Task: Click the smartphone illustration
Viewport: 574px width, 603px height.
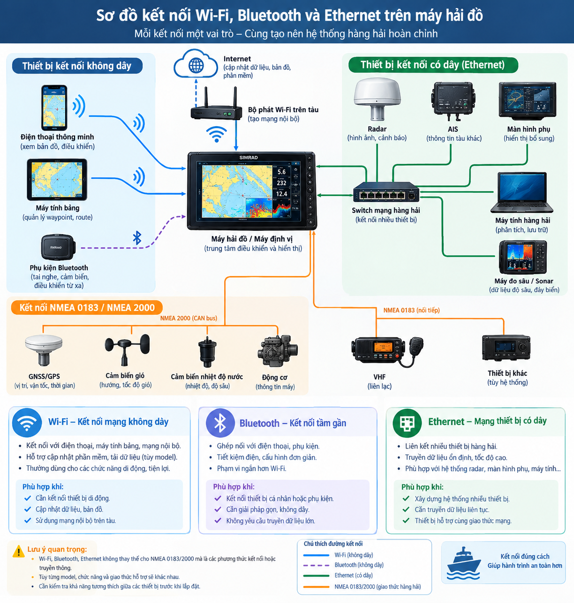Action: (x=54, y=108)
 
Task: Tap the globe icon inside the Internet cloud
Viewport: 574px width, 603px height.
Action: (x=196, y=65)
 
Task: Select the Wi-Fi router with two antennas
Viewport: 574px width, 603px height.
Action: (x=216, y=104)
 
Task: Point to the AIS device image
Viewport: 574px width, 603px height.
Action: (x=453, y=100)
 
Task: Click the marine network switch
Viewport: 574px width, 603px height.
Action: (x=386, y=192)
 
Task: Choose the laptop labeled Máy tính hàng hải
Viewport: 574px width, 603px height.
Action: (x=522, y=192)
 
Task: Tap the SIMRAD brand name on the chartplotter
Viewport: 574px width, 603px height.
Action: (x=249, y=158)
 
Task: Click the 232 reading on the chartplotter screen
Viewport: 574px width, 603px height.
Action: (x=281, y=183)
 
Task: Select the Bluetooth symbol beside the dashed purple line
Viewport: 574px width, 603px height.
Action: (x=137, y=238)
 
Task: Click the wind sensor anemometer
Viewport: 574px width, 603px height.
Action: (x=127, y=350)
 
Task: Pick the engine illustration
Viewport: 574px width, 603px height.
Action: (x=278, y=351)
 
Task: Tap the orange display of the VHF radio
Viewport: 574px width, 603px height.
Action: (x=383, y=347)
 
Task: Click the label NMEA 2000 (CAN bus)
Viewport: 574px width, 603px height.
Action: (x=189, y=318)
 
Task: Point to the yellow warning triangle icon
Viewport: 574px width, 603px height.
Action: (x=19, y=551)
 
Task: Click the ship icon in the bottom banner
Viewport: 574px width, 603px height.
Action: (x=463, y=564)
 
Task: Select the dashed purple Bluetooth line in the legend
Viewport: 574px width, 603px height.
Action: (x=316, y=565)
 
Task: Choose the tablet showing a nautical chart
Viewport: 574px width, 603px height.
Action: (x=57, y=180)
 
